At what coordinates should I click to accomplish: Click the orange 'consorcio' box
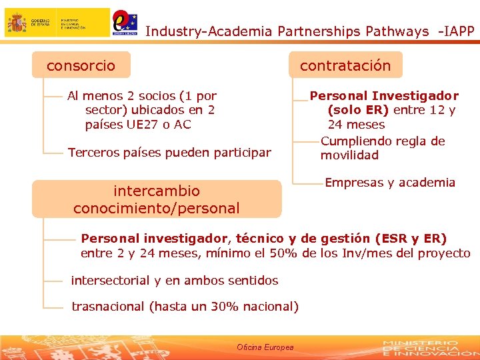click(x=81, y=65)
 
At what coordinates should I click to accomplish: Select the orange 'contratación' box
click(x=345, y=65)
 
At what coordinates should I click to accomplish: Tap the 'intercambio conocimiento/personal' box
click(x=156, y=199)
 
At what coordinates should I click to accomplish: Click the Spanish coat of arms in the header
click(x=17, y=23)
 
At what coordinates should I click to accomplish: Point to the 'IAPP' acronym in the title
click(x=459, y=31)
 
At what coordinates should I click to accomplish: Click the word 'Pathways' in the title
click(x=397, y=31)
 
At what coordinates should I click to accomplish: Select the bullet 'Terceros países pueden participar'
click(x=169, y=153)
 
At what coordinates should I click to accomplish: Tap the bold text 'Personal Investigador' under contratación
click(x=384, y=96)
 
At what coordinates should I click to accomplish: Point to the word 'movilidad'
click(x=349, y=155)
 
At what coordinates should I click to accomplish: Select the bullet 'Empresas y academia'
click(x=390, y=183)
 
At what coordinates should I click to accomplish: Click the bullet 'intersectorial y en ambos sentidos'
click(x=175, y=281)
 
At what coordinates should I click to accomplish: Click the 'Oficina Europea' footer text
click(x=265, y=347)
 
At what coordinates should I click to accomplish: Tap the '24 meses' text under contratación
click(x=356, y=125)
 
